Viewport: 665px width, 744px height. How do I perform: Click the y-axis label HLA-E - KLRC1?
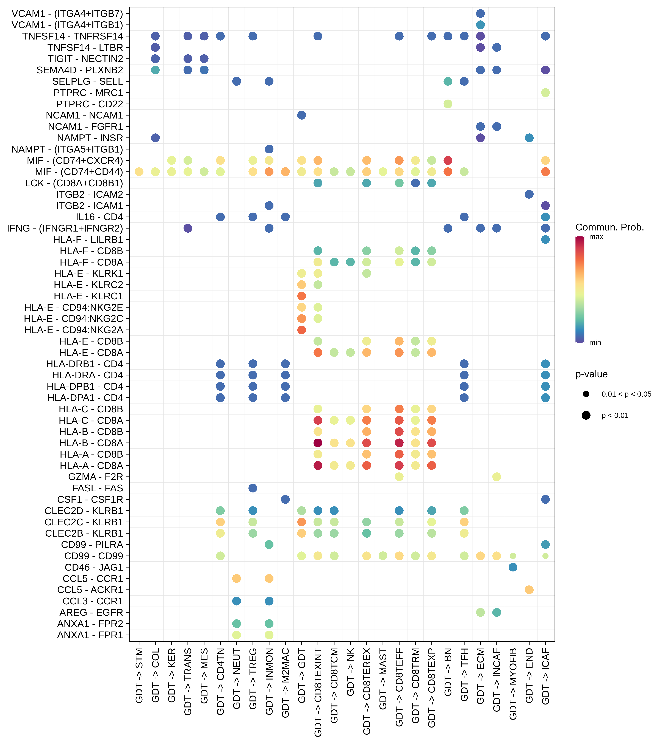click(88, 296)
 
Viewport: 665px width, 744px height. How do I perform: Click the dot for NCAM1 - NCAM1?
click(301, 115)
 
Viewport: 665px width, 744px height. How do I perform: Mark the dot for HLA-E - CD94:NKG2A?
click(301, 330)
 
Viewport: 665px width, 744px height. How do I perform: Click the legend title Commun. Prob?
click(609, 227)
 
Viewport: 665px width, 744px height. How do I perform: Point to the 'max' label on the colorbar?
click(596, 237)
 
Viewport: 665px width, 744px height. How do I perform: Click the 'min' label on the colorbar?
click(595, 342)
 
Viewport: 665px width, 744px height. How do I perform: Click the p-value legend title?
click(591, 374)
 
